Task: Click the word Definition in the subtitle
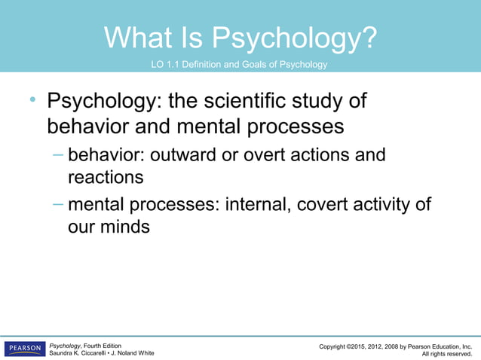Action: click(211, 65)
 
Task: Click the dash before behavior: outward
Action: click(58, 155)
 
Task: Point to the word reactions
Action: click(105, 178)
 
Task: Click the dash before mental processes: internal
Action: click(58, 203)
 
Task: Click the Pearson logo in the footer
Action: click(24, 349)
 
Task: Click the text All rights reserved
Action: click(446, 353)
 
